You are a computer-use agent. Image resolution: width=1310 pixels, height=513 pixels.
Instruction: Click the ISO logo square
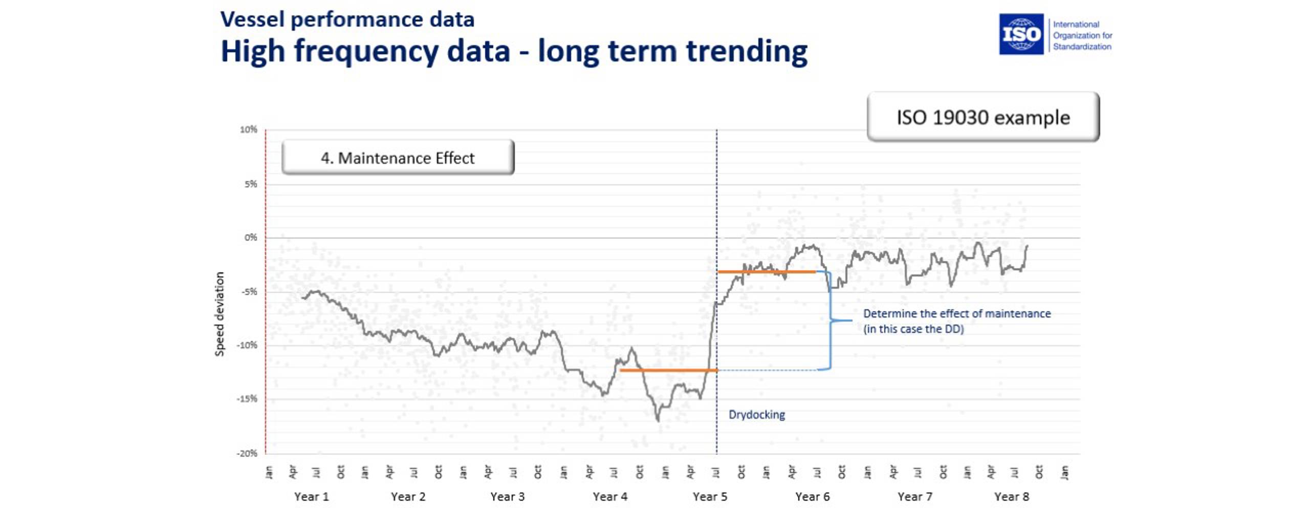(1021, 34)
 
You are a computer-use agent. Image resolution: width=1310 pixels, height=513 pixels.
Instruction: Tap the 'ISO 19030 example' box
(982, 117)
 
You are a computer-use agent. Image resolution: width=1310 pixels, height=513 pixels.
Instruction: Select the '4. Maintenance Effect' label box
(398, 158)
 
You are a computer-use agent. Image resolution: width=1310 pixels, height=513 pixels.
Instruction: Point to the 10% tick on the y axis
(249, 130)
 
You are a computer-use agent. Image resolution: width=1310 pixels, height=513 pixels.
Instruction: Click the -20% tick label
(247, 453)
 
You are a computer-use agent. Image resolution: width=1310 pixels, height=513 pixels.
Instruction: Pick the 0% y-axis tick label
(251, 238)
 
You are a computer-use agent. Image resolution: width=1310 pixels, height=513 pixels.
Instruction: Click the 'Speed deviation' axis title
(220, 314)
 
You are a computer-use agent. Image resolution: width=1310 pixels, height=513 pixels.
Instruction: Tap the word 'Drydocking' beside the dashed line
(756, 415)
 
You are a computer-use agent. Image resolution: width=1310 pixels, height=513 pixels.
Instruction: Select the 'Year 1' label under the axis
(311, 497)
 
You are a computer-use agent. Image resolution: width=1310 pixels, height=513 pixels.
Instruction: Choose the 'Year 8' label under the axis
(1011, 497)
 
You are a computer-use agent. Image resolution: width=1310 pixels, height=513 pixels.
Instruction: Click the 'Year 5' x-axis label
(710, 497)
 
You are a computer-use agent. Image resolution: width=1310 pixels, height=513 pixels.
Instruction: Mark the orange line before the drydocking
(668, 370)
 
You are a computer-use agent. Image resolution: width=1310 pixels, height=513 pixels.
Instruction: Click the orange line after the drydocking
(766, 271)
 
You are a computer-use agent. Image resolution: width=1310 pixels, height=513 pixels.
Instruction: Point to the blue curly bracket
(830, 320)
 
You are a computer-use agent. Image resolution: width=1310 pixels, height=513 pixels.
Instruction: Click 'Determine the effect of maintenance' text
(956, 313)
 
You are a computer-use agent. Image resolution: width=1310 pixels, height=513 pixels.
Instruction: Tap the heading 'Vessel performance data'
(347, 19)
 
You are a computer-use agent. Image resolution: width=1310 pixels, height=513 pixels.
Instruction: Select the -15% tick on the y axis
(247, 399)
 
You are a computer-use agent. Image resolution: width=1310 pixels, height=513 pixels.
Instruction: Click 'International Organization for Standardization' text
(1082, 35)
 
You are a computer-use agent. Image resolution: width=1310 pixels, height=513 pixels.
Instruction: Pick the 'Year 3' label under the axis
(507, 497)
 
